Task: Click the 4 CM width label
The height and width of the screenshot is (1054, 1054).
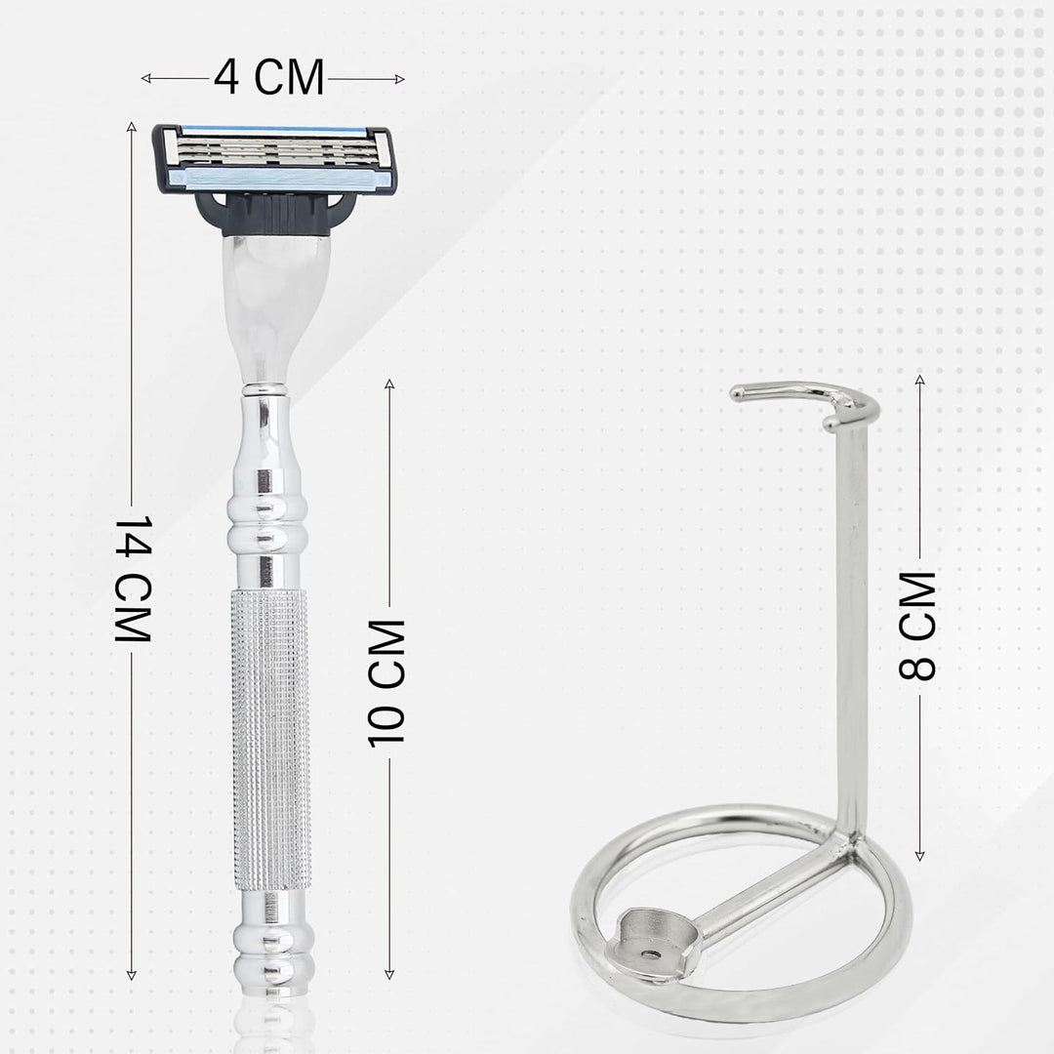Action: tap(269, 77)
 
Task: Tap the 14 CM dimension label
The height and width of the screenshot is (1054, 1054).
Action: tap(133, 580)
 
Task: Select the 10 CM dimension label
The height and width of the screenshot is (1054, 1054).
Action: tap(386, 683)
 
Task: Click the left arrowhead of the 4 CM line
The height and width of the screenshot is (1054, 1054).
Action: tap(145, 79)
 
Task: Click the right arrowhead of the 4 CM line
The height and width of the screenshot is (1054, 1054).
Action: tap(400, 79)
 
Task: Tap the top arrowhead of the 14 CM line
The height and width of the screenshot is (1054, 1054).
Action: tap(132, 126)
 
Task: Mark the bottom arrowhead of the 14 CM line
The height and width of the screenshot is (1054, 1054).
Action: tap(132, 975)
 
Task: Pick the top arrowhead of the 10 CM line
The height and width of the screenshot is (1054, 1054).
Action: tap(389, 384)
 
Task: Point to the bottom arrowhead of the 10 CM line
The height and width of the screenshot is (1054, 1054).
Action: tap(389, 975)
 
